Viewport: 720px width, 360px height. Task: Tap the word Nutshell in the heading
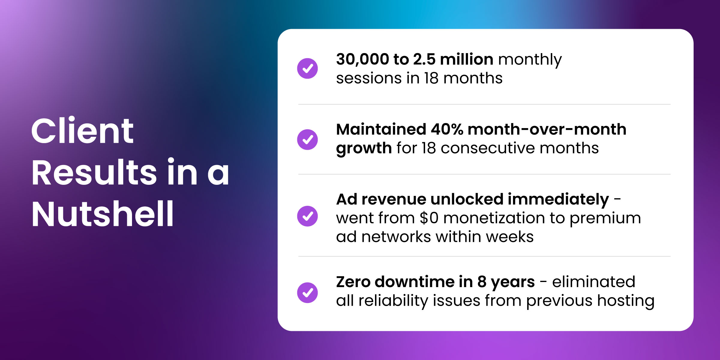click(x=103, y=213)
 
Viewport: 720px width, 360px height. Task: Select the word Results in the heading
click(x=94, y=172)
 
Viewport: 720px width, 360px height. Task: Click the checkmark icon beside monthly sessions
click(x=307, y=68)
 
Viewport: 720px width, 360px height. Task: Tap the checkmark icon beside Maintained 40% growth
click(x=307, y=139)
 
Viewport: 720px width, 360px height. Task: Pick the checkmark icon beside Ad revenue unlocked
click(x=307, y=216)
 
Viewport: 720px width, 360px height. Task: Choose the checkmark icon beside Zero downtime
click(x=307, y=293)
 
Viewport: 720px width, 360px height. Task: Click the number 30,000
click(x=363, y=59)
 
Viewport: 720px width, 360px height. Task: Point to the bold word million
click(x=467, y=59)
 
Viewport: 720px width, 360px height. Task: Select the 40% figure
click(x=447, y=129)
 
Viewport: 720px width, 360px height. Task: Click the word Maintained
click(x=381, y=129)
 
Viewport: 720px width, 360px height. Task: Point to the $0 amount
click(x=429, y=218)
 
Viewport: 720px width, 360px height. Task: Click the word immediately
click(x=558, y=199)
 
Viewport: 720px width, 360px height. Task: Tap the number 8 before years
click(x=482, y=282)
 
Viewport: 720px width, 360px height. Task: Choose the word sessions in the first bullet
click(x=369, y=79)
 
